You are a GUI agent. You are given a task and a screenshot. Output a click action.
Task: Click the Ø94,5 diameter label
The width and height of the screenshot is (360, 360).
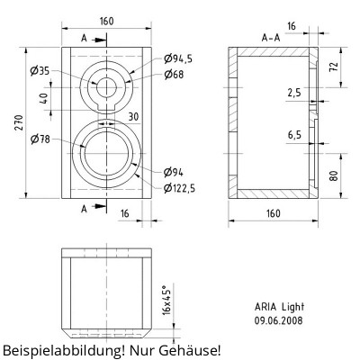[178, 58]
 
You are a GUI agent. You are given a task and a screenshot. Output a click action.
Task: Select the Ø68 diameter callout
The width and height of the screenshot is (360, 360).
[174, 74]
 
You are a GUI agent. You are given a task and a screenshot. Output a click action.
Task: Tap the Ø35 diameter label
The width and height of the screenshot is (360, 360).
[40, 71]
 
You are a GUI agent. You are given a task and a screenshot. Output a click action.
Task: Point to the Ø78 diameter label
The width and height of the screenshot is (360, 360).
[40, 139]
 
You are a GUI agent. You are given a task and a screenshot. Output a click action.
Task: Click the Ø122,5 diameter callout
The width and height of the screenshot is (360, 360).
[179, 188]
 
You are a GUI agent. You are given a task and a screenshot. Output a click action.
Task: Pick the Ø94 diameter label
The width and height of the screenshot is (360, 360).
[174, 172]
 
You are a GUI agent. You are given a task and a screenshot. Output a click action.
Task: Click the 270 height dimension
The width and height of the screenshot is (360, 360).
[19, 122]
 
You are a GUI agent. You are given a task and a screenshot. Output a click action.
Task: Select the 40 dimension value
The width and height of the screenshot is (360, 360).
[44, 98]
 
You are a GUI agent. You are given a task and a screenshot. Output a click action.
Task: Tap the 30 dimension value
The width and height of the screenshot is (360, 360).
[133, 117]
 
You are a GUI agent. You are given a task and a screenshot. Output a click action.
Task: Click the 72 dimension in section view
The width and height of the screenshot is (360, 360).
[334, 66]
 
